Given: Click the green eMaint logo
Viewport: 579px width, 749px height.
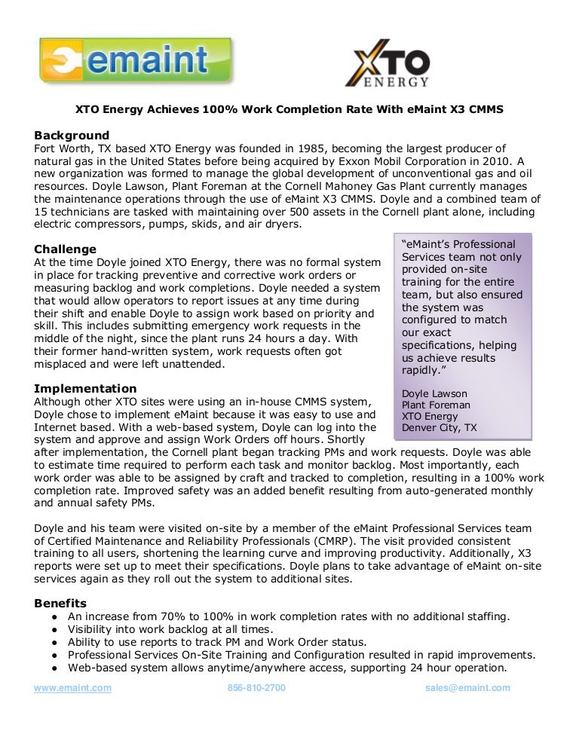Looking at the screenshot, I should tap(136, 60).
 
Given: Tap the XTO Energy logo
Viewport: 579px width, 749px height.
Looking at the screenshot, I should tap(387, 63).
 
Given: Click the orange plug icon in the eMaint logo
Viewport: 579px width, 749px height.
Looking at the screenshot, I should tap(60, 61).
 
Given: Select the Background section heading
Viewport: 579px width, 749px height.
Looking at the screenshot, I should tap(72, 135).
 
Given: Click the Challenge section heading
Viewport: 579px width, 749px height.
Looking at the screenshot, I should tap(66, 249).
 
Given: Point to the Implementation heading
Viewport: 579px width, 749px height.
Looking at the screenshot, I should tap(85, 389).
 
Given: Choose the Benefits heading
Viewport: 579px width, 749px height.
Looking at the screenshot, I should tap(60, 603).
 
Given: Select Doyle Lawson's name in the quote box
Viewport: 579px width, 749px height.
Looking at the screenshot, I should tap(434, 393).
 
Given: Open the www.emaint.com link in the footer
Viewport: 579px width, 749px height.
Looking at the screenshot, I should tap(72, 688).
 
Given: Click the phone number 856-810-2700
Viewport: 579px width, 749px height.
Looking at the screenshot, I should tap(256, 688).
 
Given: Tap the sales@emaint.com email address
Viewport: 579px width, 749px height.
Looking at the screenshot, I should tap(467, 688).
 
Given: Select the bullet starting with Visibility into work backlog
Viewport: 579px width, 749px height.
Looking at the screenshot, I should tap(170, 629).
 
